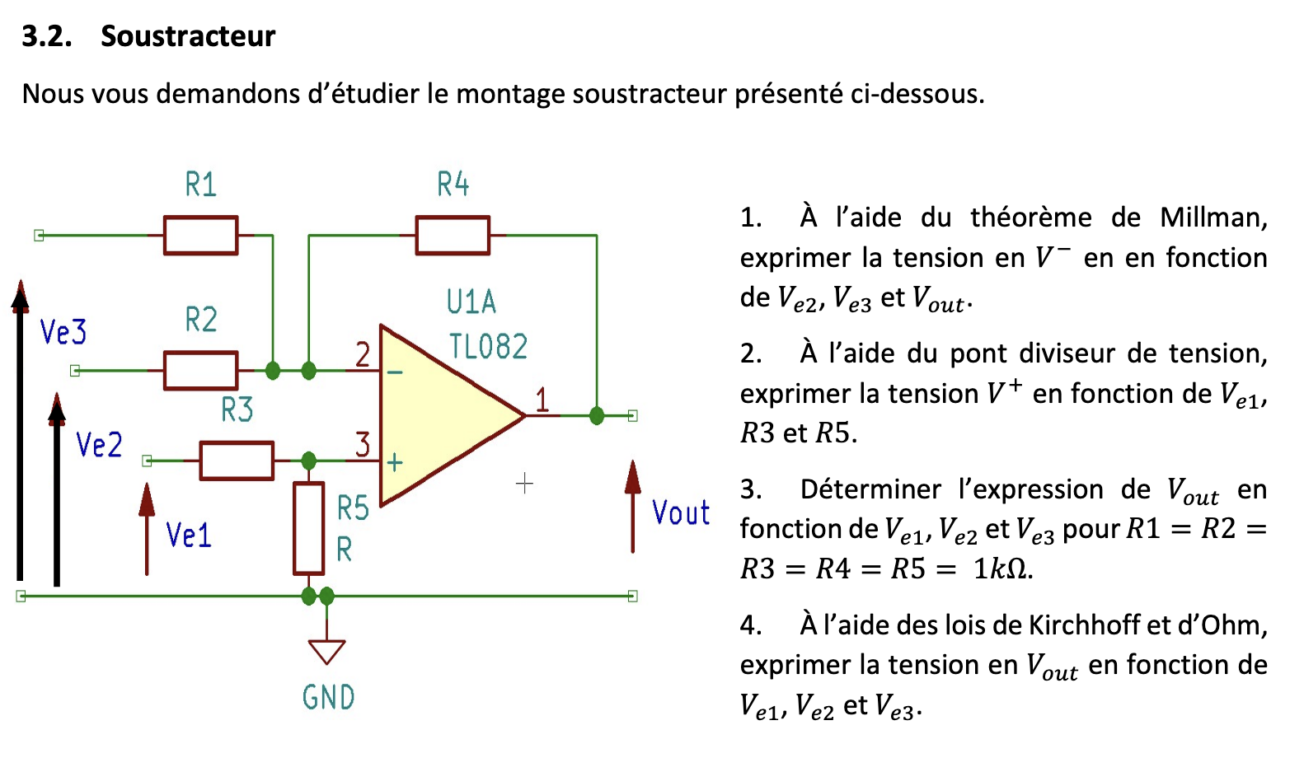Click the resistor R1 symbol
pyautogui.click(x=201, y=236)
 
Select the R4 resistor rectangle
pyautogui.click(x=453, y=236)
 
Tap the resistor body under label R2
pyautogui.click(x=201, y=371)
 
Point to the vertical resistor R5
pyautogui.click(x=309, y=528)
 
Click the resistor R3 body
pyautogui.click(x=237, y=461)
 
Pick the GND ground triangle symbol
pyautogui.click(x=326, y=652)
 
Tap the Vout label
pyautogui.click(x=681, y=513)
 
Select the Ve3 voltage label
pyautogui.click(x=63, y=332)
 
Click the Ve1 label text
pyautogui.click(x=189, y=536)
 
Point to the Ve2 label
pyautogui.click(x=99, y=445)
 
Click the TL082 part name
pyautogui.click(x=488, y=347)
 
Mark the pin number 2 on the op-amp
pyautogui.click(x=363, y=355)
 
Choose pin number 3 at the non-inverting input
pyautogui.click(x=363, y=445)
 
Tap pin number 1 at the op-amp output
pyautogui.click(x=542, y=400)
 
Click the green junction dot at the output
pyautogui.click(x=597, y=416)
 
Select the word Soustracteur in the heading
pyautogui.click(x=188, y=36)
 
